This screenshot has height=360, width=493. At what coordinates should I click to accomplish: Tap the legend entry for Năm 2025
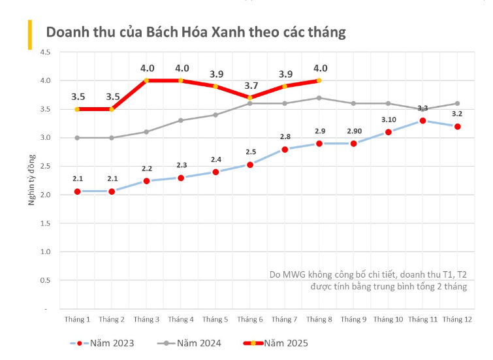(x=275, y=342)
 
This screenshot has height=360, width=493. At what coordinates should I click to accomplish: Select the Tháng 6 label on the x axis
(x=250, y=319)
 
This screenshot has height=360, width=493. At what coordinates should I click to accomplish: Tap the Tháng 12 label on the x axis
(x=457, y=319)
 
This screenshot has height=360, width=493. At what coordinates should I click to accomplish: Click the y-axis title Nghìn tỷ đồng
(x=31, y=180)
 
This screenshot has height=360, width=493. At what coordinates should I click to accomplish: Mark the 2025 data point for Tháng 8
(x=319, y=80)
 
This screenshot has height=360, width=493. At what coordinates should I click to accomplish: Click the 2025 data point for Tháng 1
(x=77, y=109)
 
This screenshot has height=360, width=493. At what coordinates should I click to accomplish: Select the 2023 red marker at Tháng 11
(x=422, y=121)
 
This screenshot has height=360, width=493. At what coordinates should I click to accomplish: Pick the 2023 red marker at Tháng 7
(x=285, y=149)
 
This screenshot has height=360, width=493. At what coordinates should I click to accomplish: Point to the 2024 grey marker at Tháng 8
(x=319, y=98)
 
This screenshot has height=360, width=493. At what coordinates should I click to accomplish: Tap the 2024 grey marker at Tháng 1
(x=77, y=138)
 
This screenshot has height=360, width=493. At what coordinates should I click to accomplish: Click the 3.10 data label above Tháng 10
(x=388, y=120)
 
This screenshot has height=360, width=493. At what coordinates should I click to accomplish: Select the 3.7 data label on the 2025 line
(x=250, y=86)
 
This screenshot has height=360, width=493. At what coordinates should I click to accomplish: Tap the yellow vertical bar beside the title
(x=29, y=35)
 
